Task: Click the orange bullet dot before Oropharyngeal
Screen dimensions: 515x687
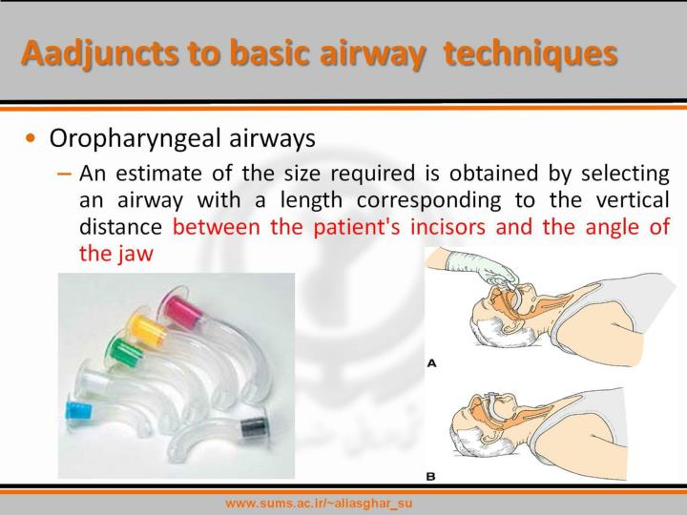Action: coord(31,139)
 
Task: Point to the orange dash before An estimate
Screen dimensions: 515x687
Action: coord(64,175)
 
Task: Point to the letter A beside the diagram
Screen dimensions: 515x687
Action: coord(431,363)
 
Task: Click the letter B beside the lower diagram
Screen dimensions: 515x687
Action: coord(431,474)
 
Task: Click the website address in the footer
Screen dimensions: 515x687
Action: coord(318,503)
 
